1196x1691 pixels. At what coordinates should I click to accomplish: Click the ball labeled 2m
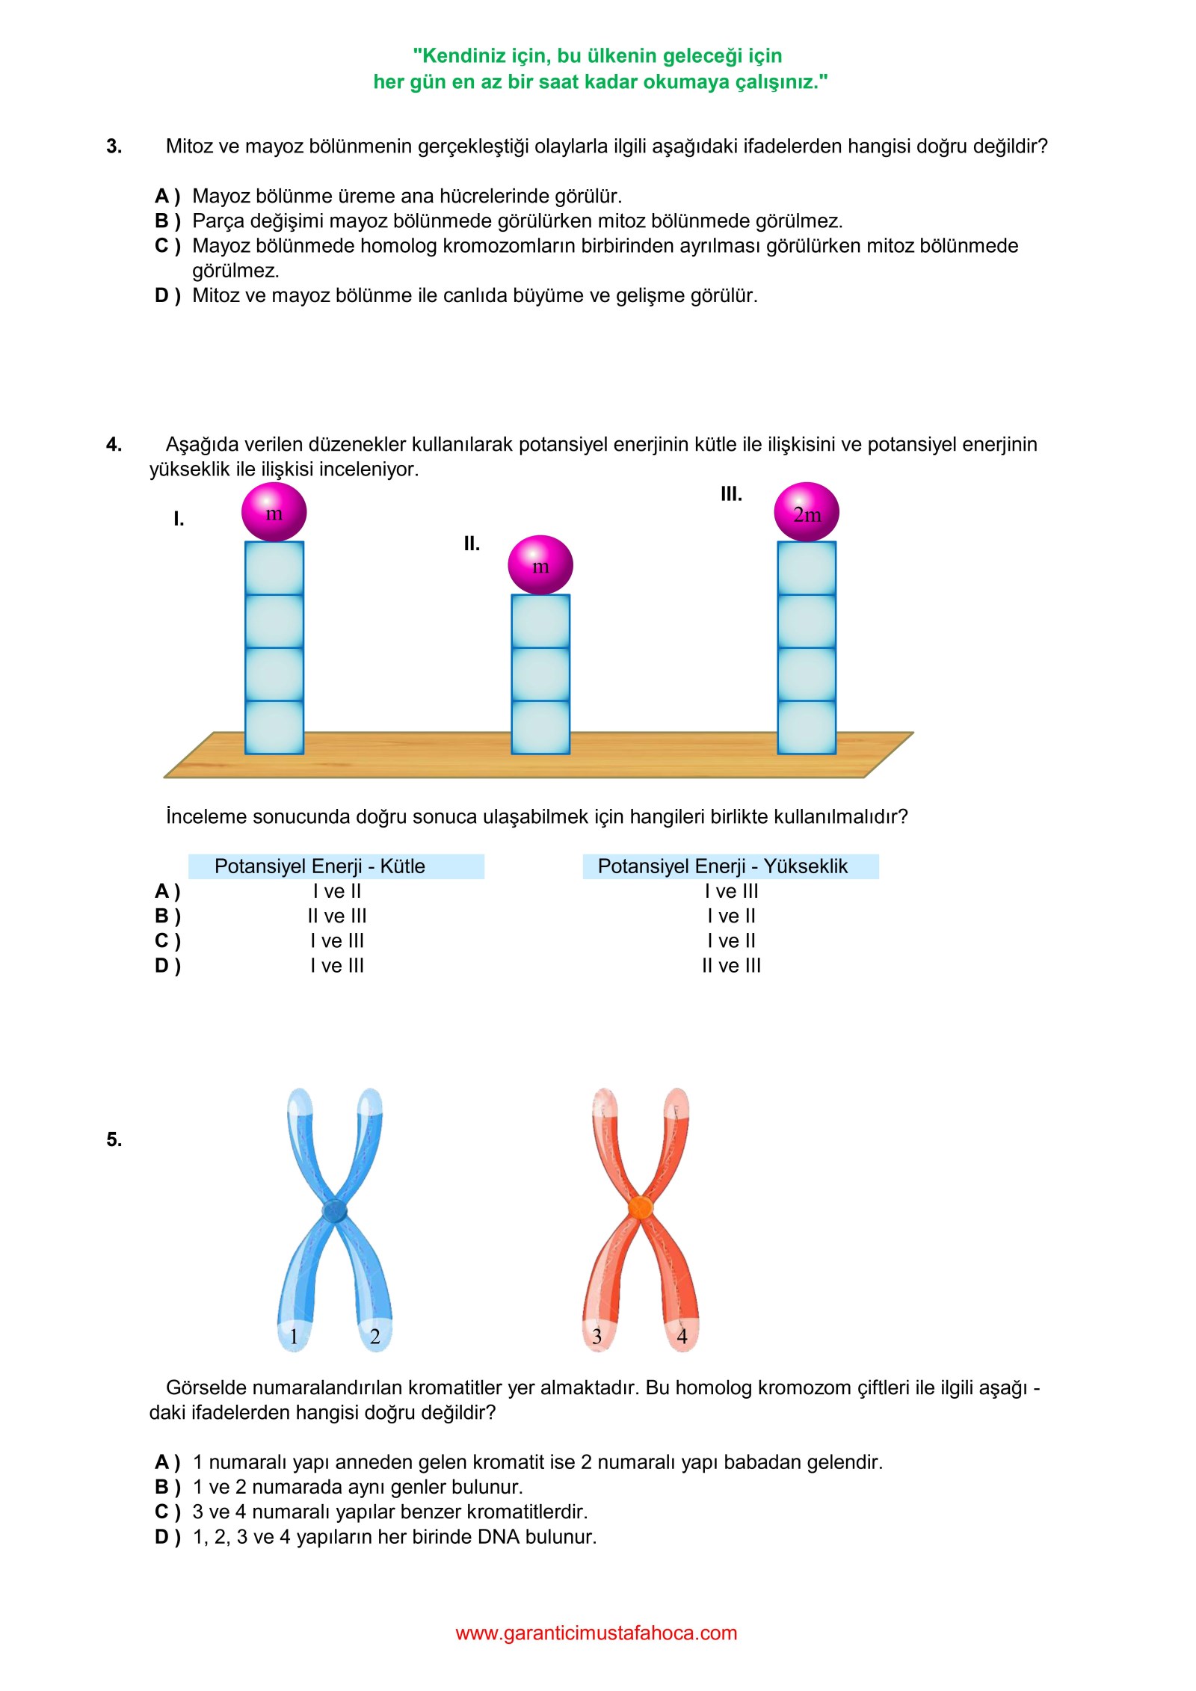pyautogui.click(x=807, y=512)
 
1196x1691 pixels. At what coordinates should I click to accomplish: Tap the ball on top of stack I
pyautogui.click(x=274, y=512)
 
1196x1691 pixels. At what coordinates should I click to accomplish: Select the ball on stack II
pyautogui.click(x=540, y=565)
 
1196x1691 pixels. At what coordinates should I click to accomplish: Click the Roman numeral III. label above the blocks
pyautogui.click(x=731, y=494)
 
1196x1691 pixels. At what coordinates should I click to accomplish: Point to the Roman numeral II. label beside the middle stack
pyautogui.click(x=472, y=543)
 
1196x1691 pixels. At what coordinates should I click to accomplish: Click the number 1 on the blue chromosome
pyautogui.click(x=294, y=1337)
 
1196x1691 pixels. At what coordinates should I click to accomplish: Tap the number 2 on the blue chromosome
pyautogui.click(x=375, y=1337)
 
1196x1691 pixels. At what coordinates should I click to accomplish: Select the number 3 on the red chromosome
pyautogui.click(x=597, y=1337)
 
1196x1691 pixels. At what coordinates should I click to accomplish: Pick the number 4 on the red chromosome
pyautogui.click(x=682, y=1337)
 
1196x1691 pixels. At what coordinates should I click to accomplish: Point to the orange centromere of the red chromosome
pyautogui.click(x=640, y=1208)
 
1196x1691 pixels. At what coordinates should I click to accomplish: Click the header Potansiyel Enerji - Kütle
pyautogui.click(x=320, y=866)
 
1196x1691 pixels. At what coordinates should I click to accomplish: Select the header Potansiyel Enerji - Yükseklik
pyautogui.click(x=723, y=866)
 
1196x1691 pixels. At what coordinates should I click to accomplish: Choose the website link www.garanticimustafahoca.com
pyautogui.click(x=597, y=1633)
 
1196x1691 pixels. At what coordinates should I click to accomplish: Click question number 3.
pyautogui.click(x=114, y=147)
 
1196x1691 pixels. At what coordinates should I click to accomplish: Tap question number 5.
pyautogui.click(x=114, y=1139)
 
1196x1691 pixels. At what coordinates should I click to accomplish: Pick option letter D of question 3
pyautogui.click(x=167, y=296)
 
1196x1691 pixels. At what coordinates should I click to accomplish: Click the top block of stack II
pyautogui.click(x=540, y=621)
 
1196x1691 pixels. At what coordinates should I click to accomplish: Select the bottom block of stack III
pyautogui.click(x=807, y=727)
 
